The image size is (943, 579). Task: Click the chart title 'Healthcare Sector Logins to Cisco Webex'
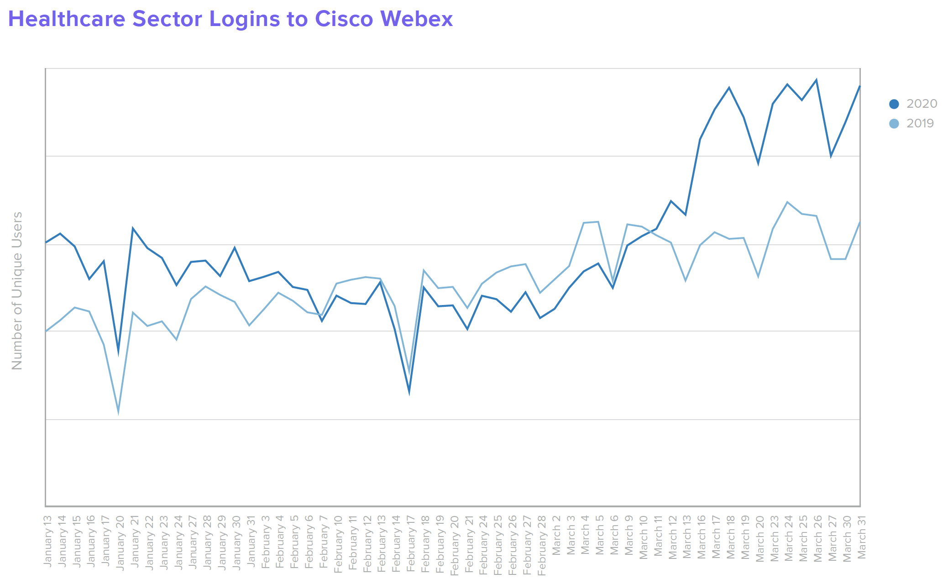click(231, 19)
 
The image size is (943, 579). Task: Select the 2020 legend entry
click(913, 104)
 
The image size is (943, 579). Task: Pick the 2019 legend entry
click(913, 123)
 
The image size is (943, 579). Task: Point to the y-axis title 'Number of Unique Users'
click(17, 290)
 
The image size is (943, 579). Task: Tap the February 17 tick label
click(410, 543)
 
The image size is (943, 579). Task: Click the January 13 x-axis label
click(47, 542)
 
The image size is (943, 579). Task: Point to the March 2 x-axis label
click(556, 535)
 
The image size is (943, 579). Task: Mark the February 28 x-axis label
click(541, 545)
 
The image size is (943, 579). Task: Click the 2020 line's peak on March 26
click(816, 80)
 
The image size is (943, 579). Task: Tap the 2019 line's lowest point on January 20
click(118, 412)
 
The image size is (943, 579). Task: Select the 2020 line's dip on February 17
click(409, 391)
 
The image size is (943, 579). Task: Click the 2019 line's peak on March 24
click(787, 202)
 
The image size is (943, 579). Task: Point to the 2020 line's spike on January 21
click(133, 228)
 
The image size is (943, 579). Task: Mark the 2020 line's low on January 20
click(118, 352)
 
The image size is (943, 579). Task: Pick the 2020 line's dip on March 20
click(758, 163)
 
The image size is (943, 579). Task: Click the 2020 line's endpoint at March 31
click(860, 86)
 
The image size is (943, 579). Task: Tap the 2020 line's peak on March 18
click(729, 88)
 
